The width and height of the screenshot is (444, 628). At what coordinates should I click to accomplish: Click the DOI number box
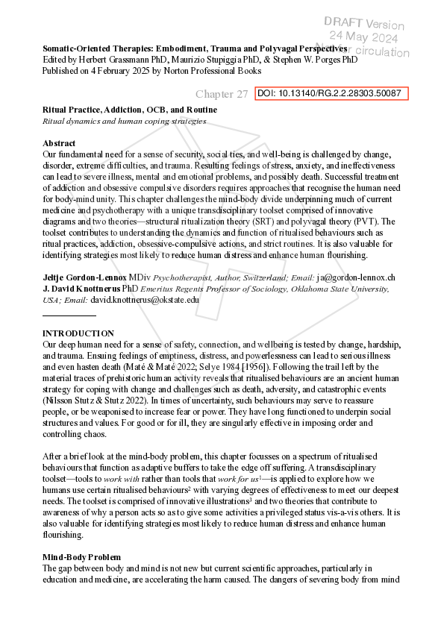click(328, 94)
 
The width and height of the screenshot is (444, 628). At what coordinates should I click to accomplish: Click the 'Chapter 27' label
click(222, 95)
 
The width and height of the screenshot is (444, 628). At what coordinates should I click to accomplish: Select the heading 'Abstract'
click(60, 143)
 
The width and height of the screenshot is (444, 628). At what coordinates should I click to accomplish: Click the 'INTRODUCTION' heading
click(78, 333)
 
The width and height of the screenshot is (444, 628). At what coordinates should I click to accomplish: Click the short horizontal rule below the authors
click(69, 315)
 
